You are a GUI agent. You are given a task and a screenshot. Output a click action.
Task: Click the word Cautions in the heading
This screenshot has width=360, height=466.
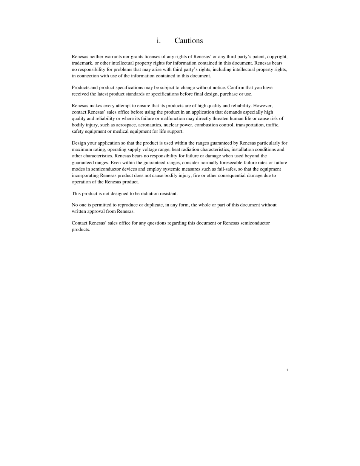click(188, 41)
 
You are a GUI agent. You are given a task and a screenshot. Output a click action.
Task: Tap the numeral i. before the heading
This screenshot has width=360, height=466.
click(158, 41)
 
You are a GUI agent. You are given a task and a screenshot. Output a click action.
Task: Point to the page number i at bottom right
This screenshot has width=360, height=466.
click(287, 370)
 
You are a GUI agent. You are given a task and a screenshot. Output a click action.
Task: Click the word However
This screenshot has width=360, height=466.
click(263, 106)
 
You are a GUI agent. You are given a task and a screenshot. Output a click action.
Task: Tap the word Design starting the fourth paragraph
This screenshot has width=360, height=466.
click(79, 143)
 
